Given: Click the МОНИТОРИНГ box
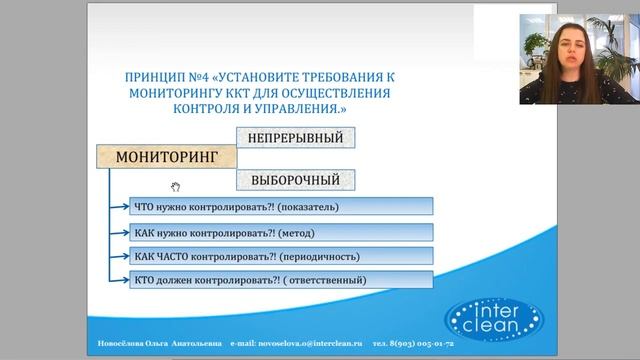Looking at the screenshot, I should (166, 158).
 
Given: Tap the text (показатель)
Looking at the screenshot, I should (305, 207).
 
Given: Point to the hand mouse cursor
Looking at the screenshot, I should (175, 186).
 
